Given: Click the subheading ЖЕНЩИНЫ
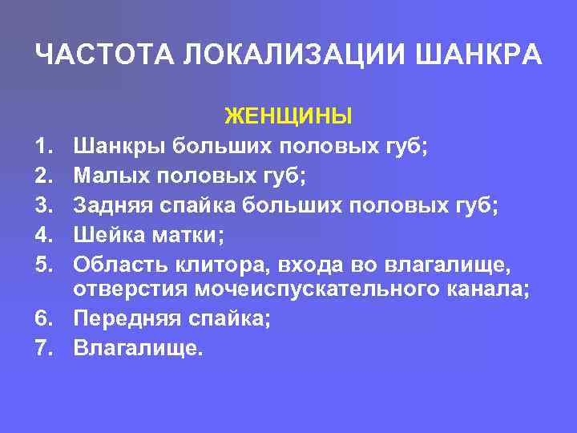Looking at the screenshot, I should click(288, 117).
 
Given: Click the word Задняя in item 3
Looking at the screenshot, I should click(112, 205).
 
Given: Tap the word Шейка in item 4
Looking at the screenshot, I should click(106, 234).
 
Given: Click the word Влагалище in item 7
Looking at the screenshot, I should click(135, 348).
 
